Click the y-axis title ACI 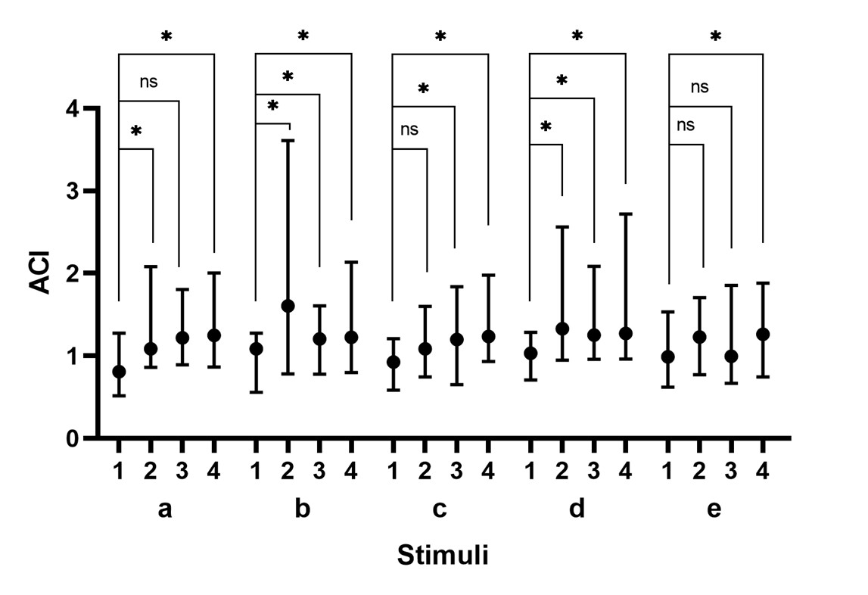[x=40, y=273]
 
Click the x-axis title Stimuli [x=443, y=556]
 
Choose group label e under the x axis [x=714, y=509]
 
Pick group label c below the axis [x=439, y=509]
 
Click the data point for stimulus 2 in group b [x=288, y=306]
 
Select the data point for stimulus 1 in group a [x=119, y=372]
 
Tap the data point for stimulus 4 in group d [x=625, y=333]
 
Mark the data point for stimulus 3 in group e [x=731, y=356]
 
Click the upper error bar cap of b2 [x=288, y=141]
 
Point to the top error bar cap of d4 [x=625, y=214]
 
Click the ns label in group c [x=409, y=129]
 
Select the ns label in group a [x=148, y=82]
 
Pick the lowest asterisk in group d [x=546, y=126]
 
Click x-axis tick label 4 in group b [x=351, y=471]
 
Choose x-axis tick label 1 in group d [x=530, y=471]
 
